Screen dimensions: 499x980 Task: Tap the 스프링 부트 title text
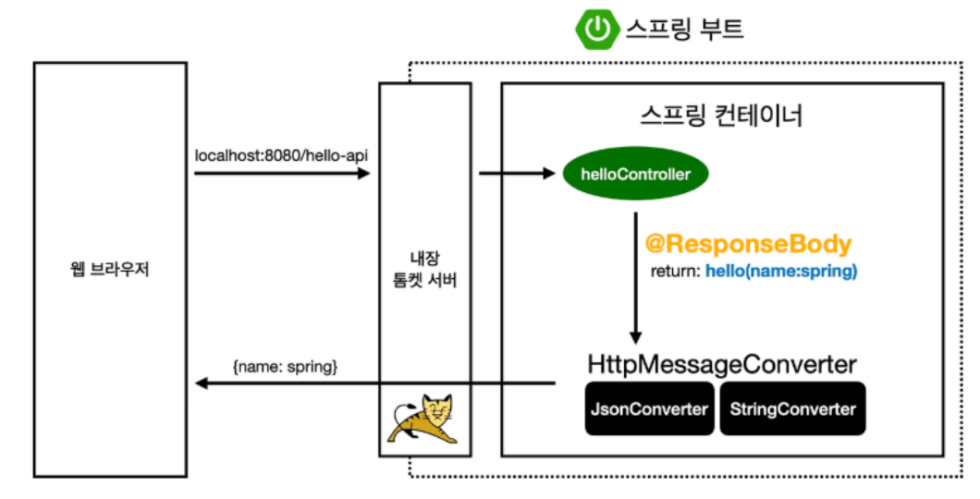tap(684, 30)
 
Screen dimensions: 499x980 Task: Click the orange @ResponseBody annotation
tap(747, 245)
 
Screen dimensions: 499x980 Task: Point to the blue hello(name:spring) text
tap(781, 273)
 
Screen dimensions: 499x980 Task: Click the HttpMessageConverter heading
tap(721, 364)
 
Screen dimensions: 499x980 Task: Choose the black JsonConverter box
tap(649, 408)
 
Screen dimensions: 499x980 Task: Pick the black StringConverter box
tap(792, 408)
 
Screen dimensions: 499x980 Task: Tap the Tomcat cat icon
tap(424, 420)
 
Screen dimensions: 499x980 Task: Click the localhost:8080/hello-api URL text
tap(281, 154)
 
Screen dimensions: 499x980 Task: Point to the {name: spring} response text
tap(285, 366)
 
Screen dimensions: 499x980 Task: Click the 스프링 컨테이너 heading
tap(721, 117)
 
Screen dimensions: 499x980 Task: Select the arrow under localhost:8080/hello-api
tap(281, 173)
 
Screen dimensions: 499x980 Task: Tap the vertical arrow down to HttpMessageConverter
tap(636, 277)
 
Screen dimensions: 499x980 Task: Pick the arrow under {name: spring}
tap(374, 383)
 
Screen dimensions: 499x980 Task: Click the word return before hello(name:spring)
tap(677, 273)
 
